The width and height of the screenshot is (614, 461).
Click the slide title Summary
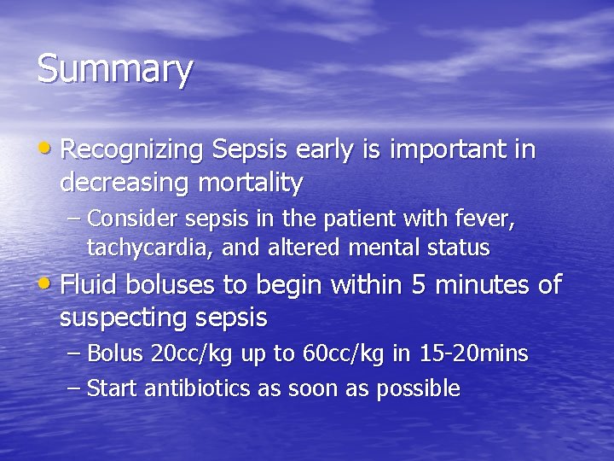(115, 70)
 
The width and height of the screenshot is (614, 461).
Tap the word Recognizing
(131, 151)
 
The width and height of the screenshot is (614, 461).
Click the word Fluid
(91, 284)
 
